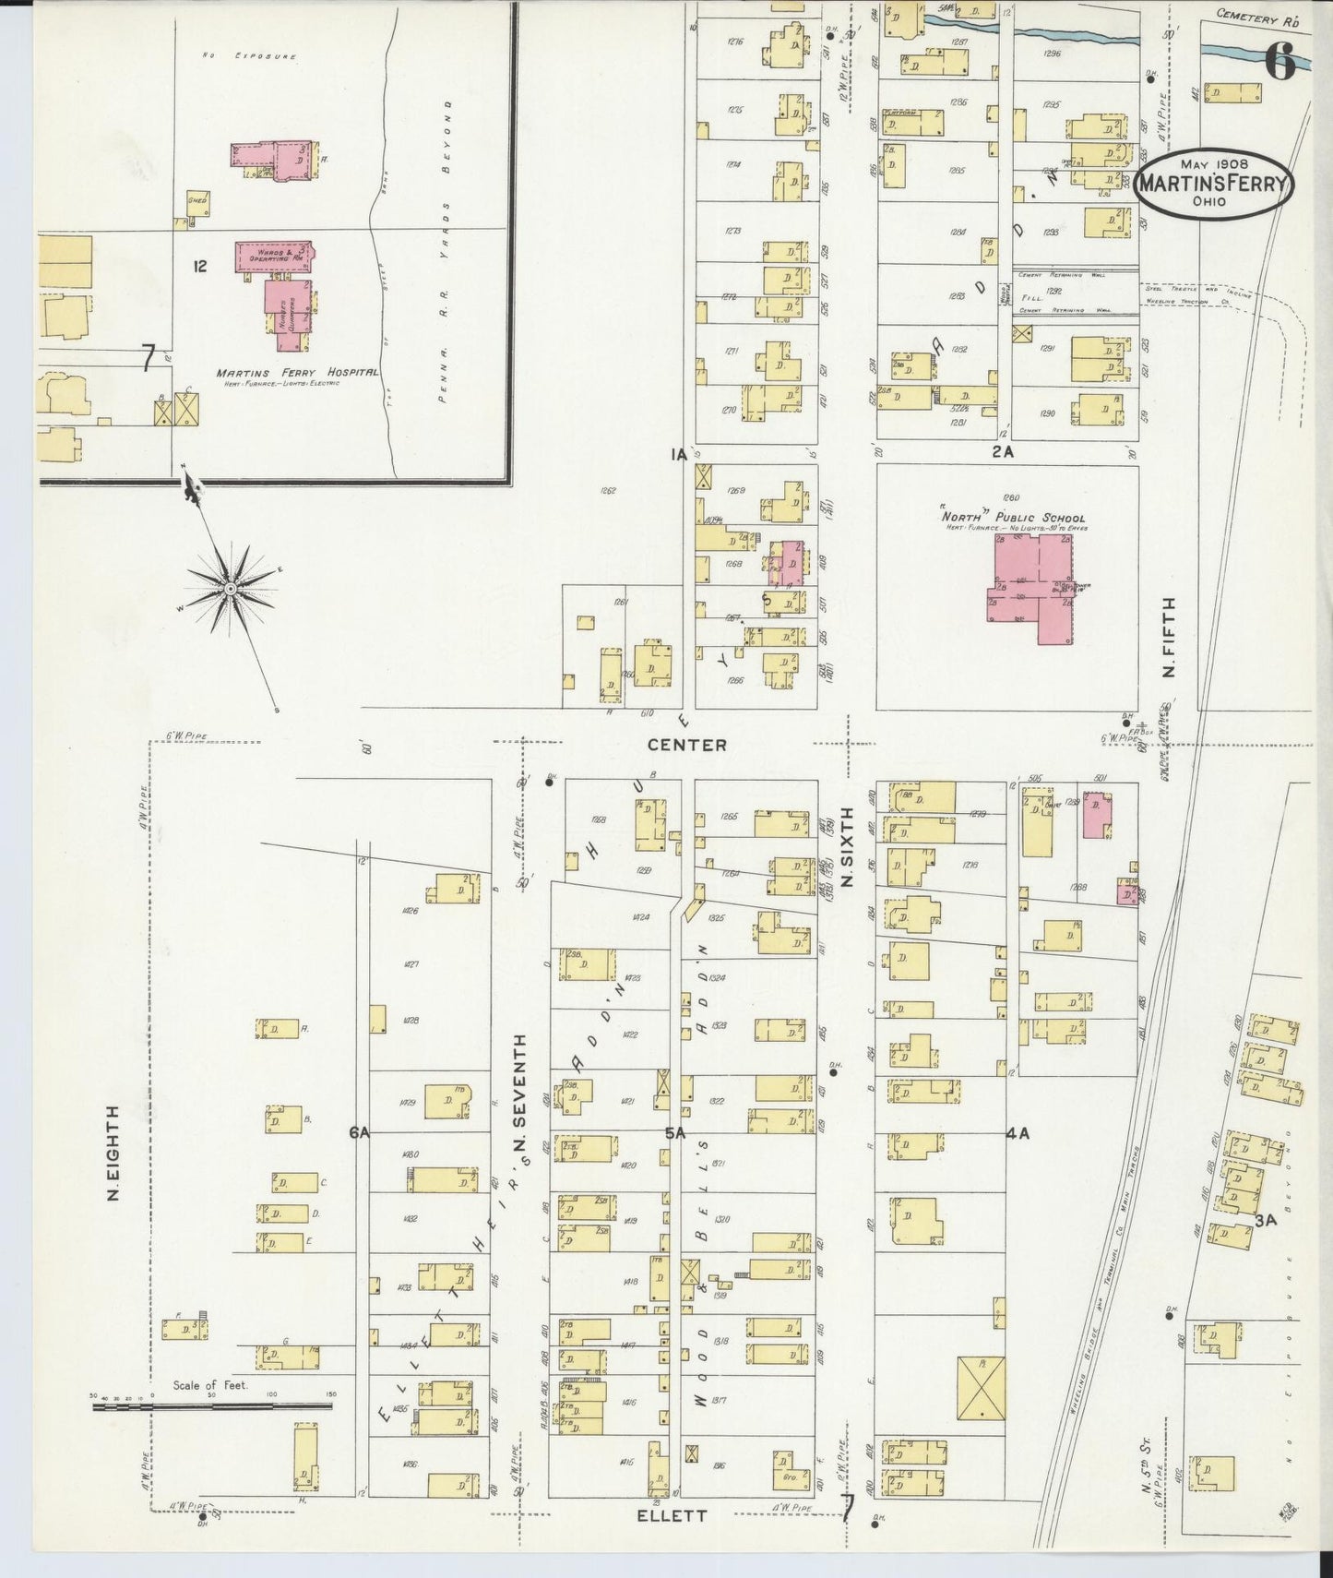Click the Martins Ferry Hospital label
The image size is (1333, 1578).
(297, 373)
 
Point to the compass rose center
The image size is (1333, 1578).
(231, 588)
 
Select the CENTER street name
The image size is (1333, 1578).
(686, 745)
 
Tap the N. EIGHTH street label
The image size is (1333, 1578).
(113, 1153)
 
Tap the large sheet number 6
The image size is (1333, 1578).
(1279, 61)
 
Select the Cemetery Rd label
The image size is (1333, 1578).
(1249, 16)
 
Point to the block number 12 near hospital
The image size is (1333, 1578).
(199, 267)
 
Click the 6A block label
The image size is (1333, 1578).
(359, 1133)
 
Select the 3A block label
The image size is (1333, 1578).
(1265, 1220)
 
